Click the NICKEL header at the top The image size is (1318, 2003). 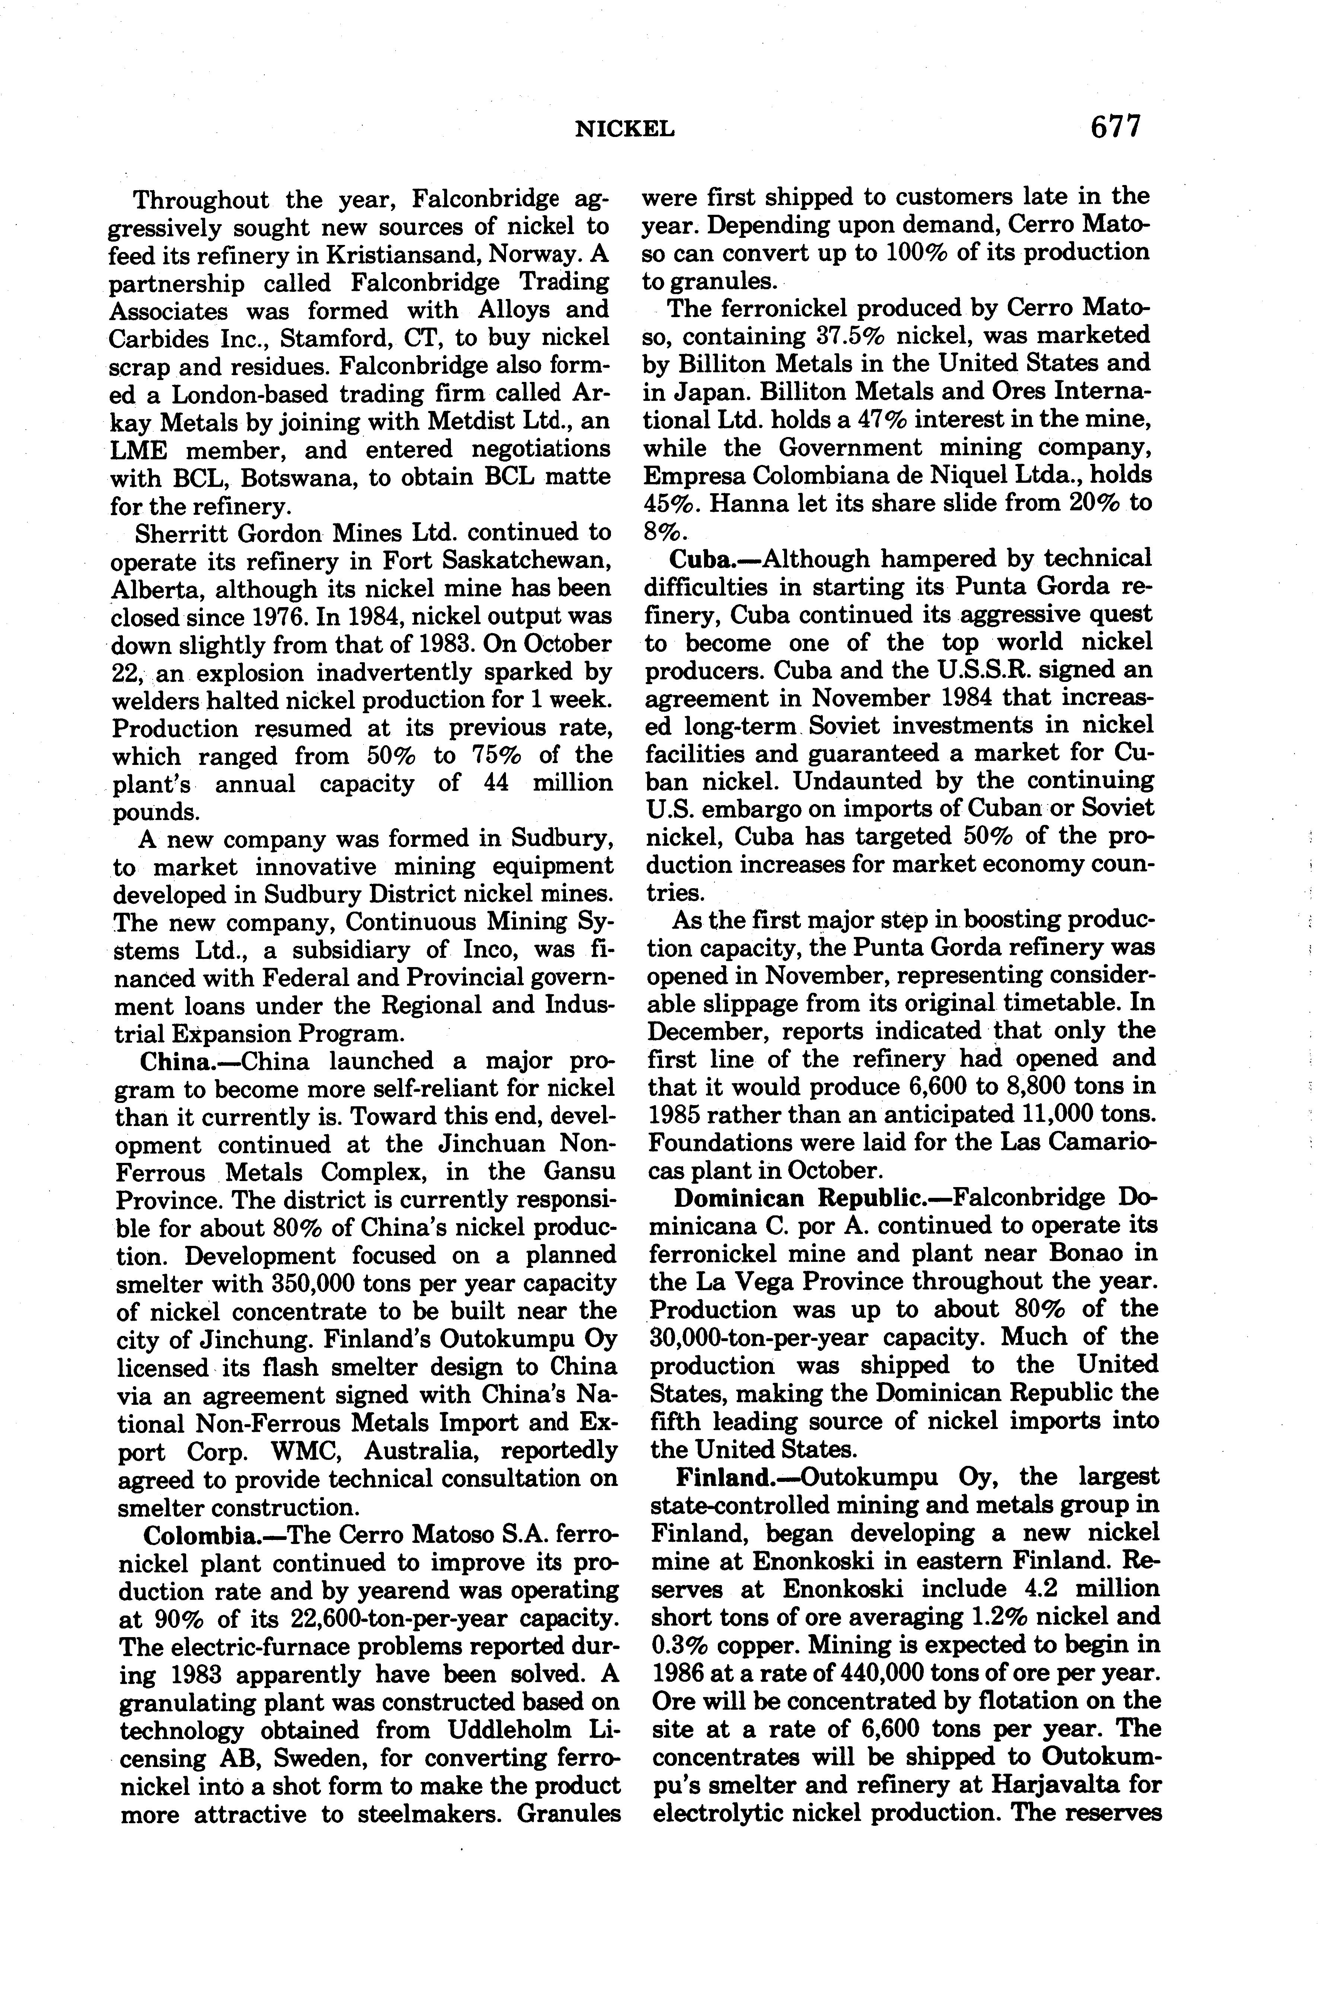pos(625,129)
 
